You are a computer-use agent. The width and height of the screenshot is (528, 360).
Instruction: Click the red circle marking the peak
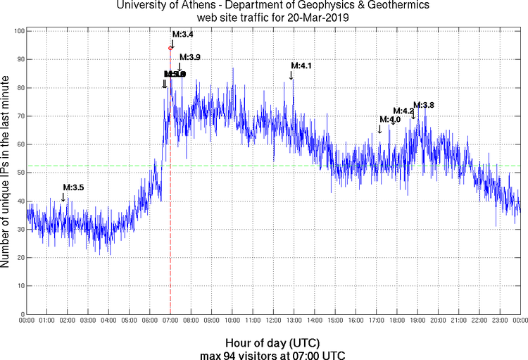(170, 48)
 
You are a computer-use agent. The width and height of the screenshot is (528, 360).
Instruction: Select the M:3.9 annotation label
(189, 57)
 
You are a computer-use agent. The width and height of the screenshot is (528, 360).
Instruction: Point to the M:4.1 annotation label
(301, 66)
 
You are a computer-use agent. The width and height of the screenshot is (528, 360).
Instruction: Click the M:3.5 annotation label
(73, 187)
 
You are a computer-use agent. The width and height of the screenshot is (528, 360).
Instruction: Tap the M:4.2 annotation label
(403, 111)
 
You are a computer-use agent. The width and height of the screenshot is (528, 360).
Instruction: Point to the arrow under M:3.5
(63, 197)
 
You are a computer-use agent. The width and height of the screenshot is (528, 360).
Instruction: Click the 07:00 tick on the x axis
(170, 321)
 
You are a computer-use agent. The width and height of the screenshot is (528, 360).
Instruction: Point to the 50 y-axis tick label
(20, 173)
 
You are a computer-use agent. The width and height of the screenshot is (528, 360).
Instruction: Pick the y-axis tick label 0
(22, 314)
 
